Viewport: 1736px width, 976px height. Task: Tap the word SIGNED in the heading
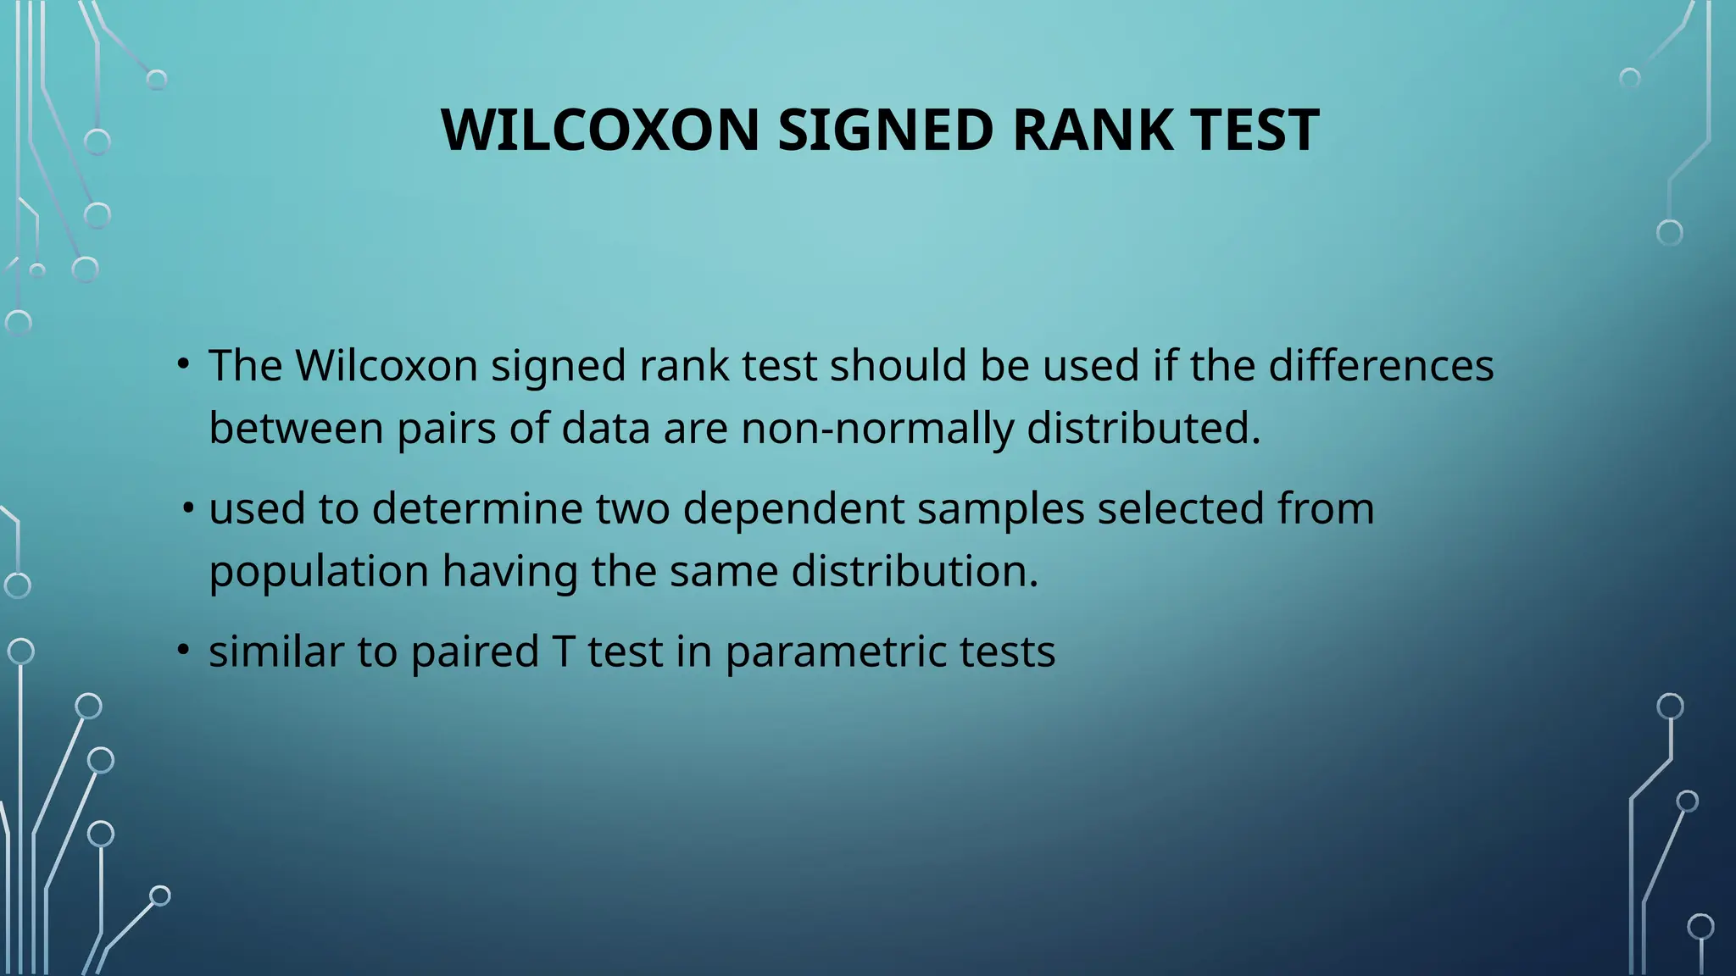[x=885, y=130]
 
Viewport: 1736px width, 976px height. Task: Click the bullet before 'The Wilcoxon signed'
[x=182, y=364]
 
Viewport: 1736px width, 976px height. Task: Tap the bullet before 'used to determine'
[x=188, y=509]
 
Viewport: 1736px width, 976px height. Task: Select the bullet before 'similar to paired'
[x=182, y=651]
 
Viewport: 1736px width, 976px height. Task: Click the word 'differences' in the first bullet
[x=1381, y=366]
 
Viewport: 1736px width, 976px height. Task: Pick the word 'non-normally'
[x=876, y=429]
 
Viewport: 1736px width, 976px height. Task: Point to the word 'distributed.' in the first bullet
[x=1143, y=429]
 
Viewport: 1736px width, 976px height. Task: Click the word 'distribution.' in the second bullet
[x=915, y=571]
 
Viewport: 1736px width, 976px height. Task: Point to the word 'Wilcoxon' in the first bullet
[x=387, y=366]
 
